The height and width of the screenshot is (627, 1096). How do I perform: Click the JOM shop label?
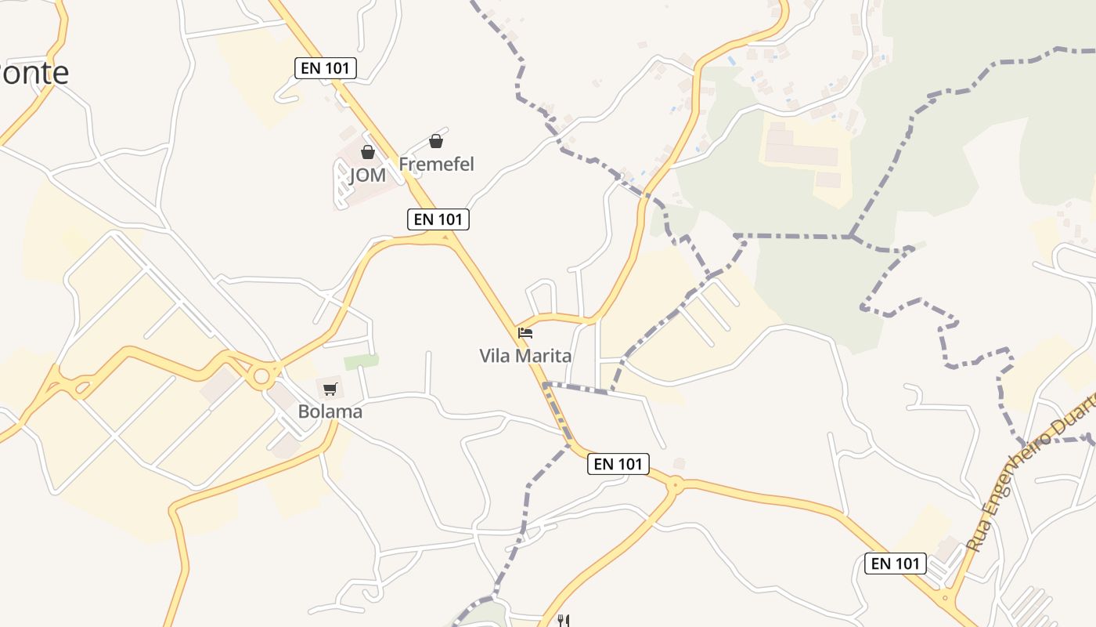[367, 175]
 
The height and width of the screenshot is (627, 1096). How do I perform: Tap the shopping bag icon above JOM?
[367, 152]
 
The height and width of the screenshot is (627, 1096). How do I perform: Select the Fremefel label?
[436, 165]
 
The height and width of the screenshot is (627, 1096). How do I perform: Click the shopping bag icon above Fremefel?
[436, 141]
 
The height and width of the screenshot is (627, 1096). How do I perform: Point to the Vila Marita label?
[525, 356]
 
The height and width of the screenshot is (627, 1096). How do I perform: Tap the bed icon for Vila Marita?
[525, 333]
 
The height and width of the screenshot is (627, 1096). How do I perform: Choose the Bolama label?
[330, 411]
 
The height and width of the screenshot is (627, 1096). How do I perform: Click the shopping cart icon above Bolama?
[330, 389]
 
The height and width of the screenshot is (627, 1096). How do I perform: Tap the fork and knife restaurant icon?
[563, 621]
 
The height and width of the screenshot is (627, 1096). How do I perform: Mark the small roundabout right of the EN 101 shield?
[673, 487]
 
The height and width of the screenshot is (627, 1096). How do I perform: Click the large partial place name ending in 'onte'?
[34, 73]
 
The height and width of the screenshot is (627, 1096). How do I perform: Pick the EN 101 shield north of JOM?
[326, 68]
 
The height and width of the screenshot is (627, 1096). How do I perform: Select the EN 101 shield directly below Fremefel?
[438, 219]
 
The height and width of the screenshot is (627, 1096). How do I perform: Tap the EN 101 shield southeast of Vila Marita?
[618, 464]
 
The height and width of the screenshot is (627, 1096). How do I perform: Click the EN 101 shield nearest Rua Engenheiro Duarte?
[896, 563]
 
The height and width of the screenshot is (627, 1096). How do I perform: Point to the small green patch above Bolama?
[361, 361]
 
